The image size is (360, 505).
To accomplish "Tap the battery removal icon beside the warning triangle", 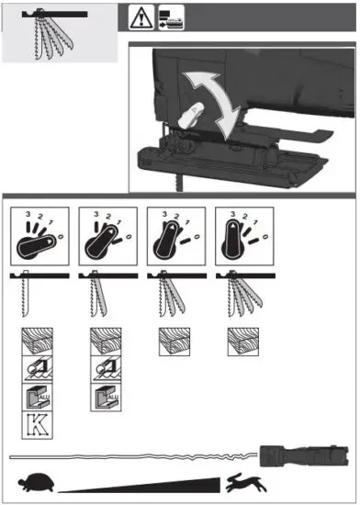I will coord(171,17).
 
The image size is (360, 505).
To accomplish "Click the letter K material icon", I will coord(35,425).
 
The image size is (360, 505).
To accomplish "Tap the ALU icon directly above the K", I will coord(35,398).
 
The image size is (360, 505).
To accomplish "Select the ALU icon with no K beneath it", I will coord(104,398).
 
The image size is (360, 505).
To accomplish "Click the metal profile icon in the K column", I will coord(35,370).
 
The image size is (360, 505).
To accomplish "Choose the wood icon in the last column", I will coord(241,342).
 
